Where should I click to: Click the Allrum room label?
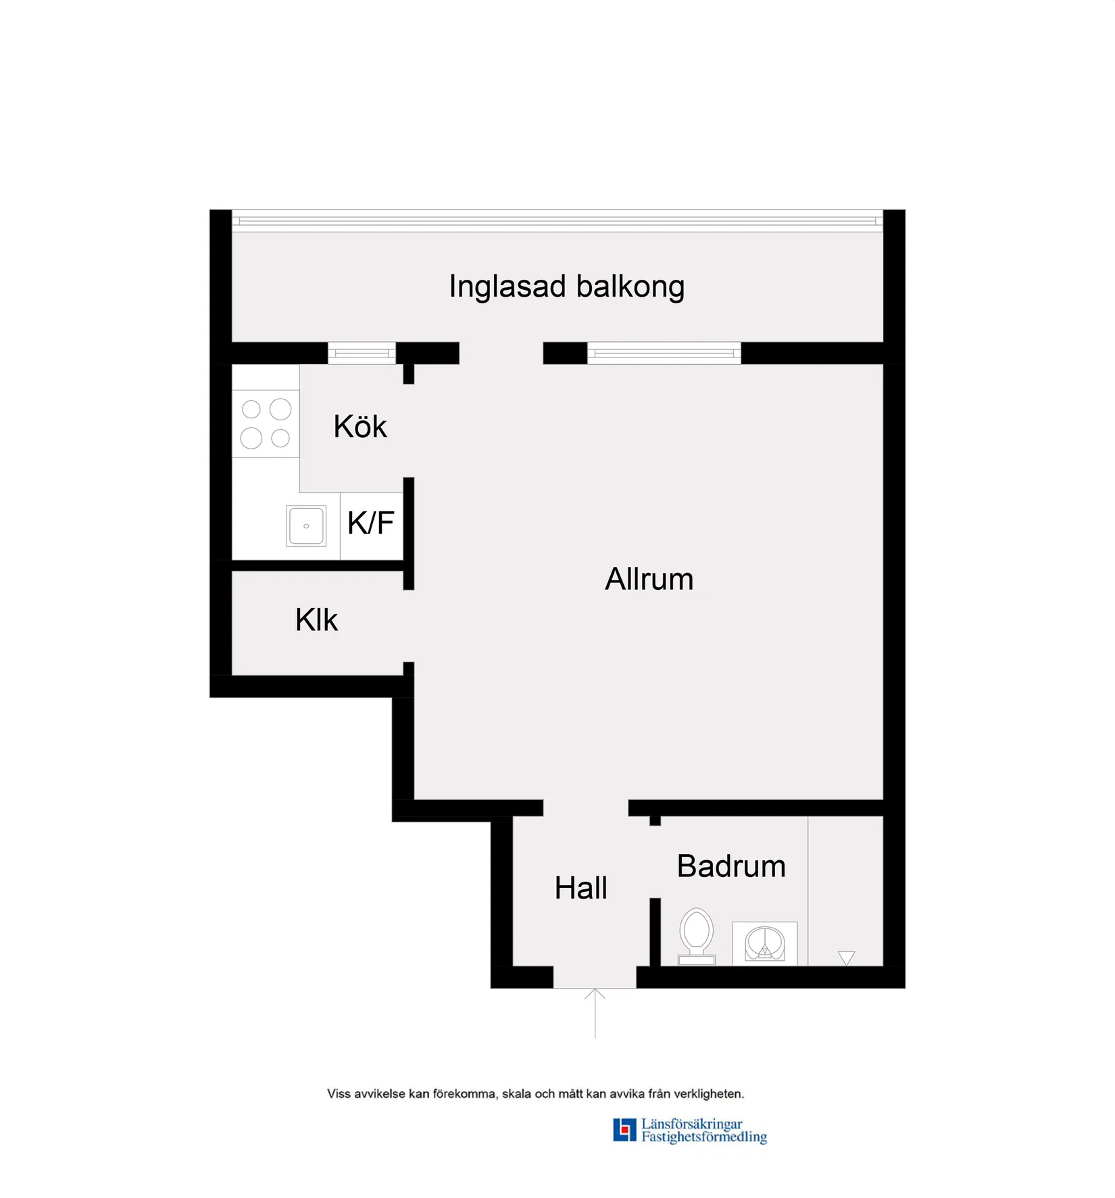(x=649, y=579)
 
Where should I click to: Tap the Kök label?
(x=360, y=426)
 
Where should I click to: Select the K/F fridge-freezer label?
(x=371, y=523)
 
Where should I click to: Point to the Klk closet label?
(x=316, y=620)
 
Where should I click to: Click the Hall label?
(x=580, y=888)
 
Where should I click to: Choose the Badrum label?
(x=731, y=866)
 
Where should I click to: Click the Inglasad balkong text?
(x=566, y=287)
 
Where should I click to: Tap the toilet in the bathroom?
(x=697, y=937)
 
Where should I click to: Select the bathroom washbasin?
(x=765, y=943)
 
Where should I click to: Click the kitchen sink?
(x=306, y=526)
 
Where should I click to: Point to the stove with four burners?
(x=266, y=424)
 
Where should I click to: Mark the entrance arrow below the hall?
(x=595, y=1013)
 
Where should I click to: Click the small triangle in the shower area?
(x=846, y=957)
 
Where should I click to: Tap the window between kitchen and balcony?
(x=362, y=353)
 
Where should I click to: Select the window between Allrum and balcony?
(x=664, y=353)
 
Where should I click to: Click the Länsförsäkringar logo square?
(x=624, y=1130)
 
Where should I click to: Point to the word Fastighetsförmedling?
(x=704, y=1137)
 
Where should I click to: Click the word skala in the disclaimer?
(x=517, y=1094)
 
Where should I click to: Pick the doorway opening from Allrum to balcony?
(x=501, y=353)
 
